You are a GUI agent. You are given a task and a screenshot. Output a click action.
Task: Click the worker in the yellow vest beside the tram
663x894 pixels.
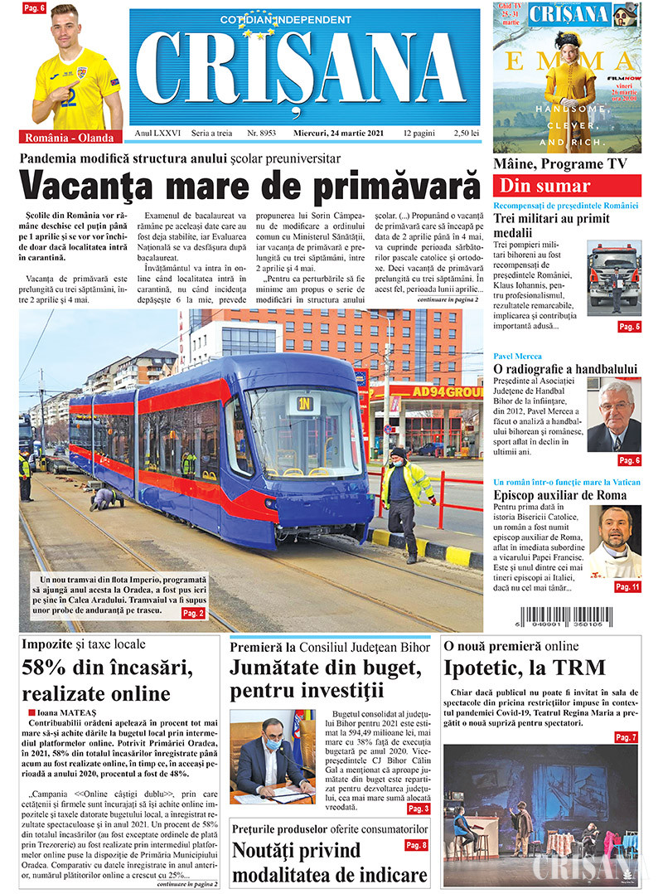[x=408, y=500]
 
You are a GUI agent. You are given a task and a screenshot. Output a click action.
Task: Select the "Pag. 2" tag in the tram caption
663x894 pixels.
[x=192, y=613]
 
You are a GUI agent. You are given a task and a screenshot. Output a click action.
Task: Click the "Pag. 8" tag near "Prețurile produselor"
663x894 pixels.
[x=416, y=845]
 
